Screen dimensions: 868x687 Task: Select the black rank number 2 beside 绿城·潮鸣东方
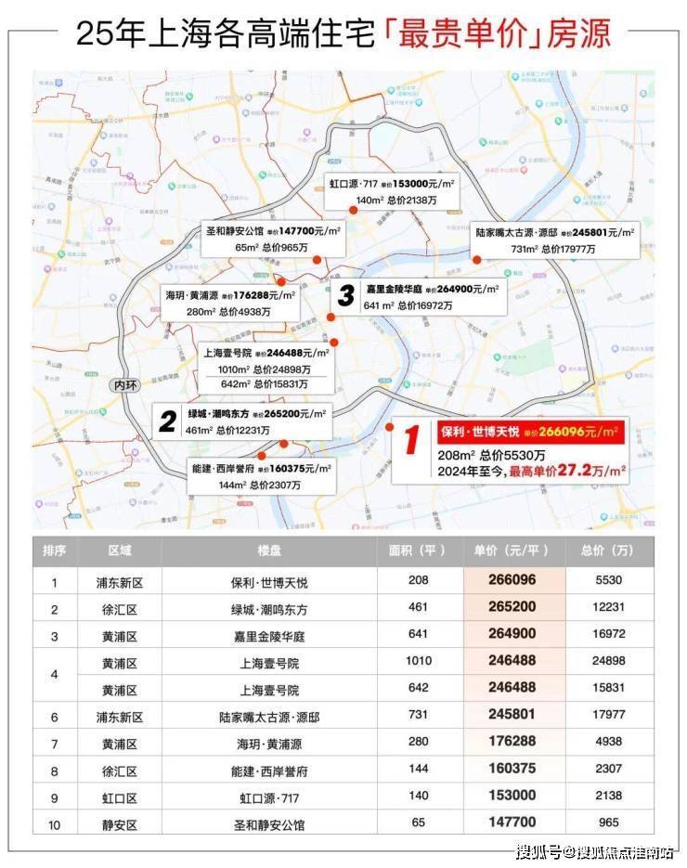167,422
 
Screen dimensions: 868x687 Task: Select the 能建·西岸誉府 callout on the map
263,476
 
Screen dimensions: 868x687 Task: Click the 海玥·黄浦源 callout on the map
229,304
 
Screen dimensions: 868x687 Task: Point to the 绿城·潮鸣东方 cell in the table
266,609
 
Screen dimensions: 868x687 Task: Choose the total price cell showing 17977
609,717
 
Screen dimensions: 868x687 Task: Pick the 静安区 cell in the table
120,823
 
